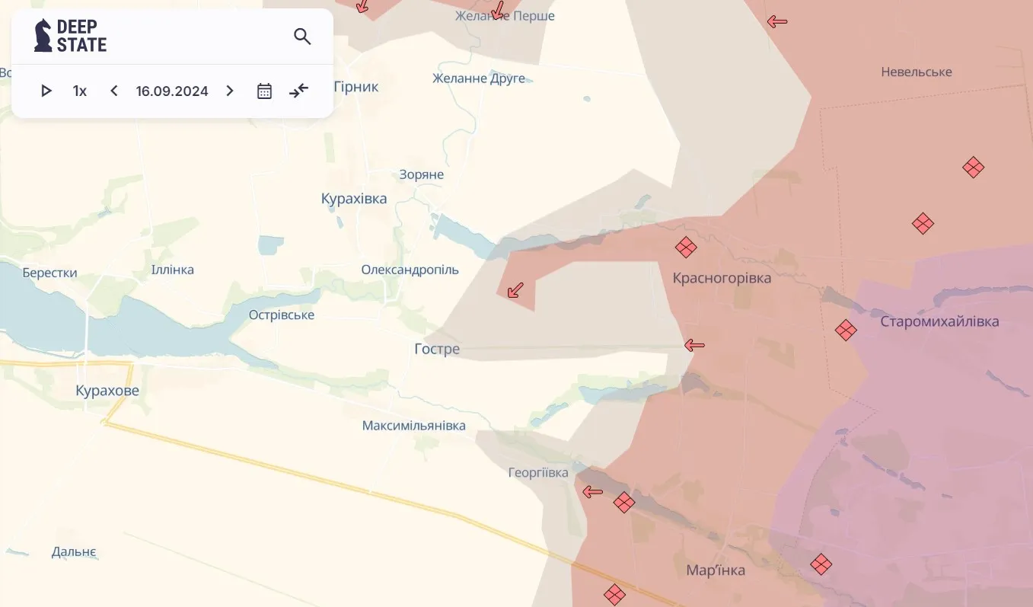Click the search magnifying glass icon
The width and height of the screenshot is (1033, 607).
(x=302, y=37)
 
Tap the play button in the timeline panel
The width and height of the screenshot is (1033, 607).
(x=46, y=91)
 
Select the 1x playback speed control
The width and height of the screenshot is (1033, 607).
(x=80, y=91)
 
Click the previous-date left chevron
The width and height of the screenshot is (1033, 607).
(x=114, y=91)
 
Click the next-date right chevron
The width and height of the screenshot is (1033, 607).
(x=230, y=91)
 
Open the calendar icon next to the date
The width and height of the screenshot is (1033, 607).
(x=264, y=91)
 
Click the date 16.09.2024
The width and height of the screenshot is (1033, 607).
(x=172, y=91)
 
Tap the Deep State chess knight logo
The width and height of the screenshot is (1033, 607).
(x=43, y=36)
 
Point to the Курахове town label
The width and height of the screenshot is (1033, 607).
(x=107, y=391)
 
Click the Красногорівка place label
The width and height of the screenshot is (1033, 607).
(x=722, y=278)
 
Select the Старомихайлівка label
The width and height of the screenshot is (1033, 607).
(x=939, y=321)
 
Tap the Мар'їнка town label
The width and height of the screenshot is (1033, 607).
(x=716, y=570)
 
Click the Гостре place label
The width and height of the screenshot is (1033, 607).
(x=437, y=349)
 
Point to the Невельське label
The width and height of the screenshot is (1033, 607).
(x=917, y=72)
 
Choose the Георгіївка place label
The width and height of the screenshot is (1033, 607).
(x=538, y=473)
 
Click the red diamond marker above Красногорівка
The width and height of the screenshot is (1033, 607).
(x=686, y=248)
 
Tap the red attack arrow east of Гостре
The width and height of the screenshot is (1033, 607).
(x=694, y=346)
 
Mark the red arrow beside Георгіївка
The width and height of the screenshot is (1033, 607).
(x=592, y=492)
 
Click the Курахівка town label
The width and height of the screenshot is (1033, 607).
(x=354, y=199)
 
